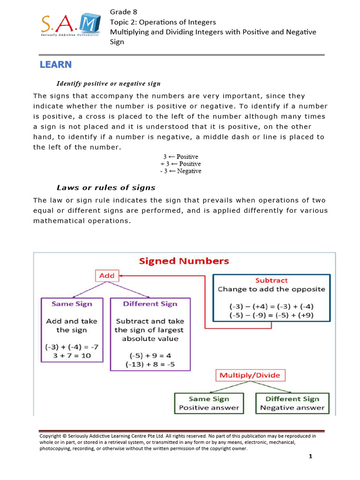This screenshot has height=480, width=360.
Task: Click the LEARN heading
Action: pyautogui.click(x=56, y=65)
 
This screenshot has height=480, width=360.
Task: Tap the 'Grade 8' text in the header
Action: pyautogui.click(x=123, y=11)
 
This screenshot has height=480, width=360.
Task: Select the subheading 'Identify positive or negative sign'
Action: pyautogui.click(x=108, y=83)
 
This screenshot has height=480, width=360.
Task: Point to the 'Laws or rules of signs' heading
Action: pyautogui.click(x=106, y=188)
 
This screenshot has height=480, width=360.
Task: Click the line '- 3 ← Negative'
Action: pyautogui.click(x=180, y=171)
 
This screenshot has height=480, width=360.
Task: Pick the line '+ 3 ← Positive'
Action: pyautogui.click(x=180, y=164)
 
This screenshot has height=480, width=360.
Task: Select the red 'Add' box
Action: pyautogui.click(x=107, y=276)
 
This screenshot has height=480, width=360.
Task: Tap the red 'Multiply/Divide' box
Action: pyautogui.click(x=250, y=375)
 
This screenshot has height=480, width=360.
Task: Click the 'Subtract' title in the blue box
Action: pyautogui.click(x=271, y=280)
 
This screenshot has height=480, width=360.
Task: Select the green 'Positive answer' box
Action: pyautogui.click(x=209, y=403)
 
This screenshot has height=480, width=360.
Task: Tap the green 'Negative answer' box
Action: pyautogui.click(x=292, y=403)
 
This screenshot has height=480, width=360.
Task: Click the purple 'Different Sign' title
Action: pyautogui.click(x=150, y=304)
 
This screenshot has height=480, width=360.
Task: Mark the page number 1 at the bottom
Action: pyautogui.click(x=310, y=457)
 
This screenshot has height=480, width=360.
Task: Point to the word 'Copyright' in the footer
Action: pyautogui.click(x=50, y=435)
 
